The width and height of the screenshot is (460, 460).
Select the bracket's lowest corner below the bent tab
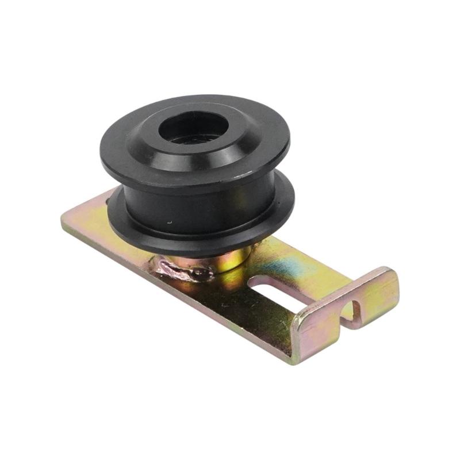tap(293, 362)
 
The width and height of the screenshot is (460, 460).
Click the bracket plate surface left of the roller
tap(92, 221)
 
